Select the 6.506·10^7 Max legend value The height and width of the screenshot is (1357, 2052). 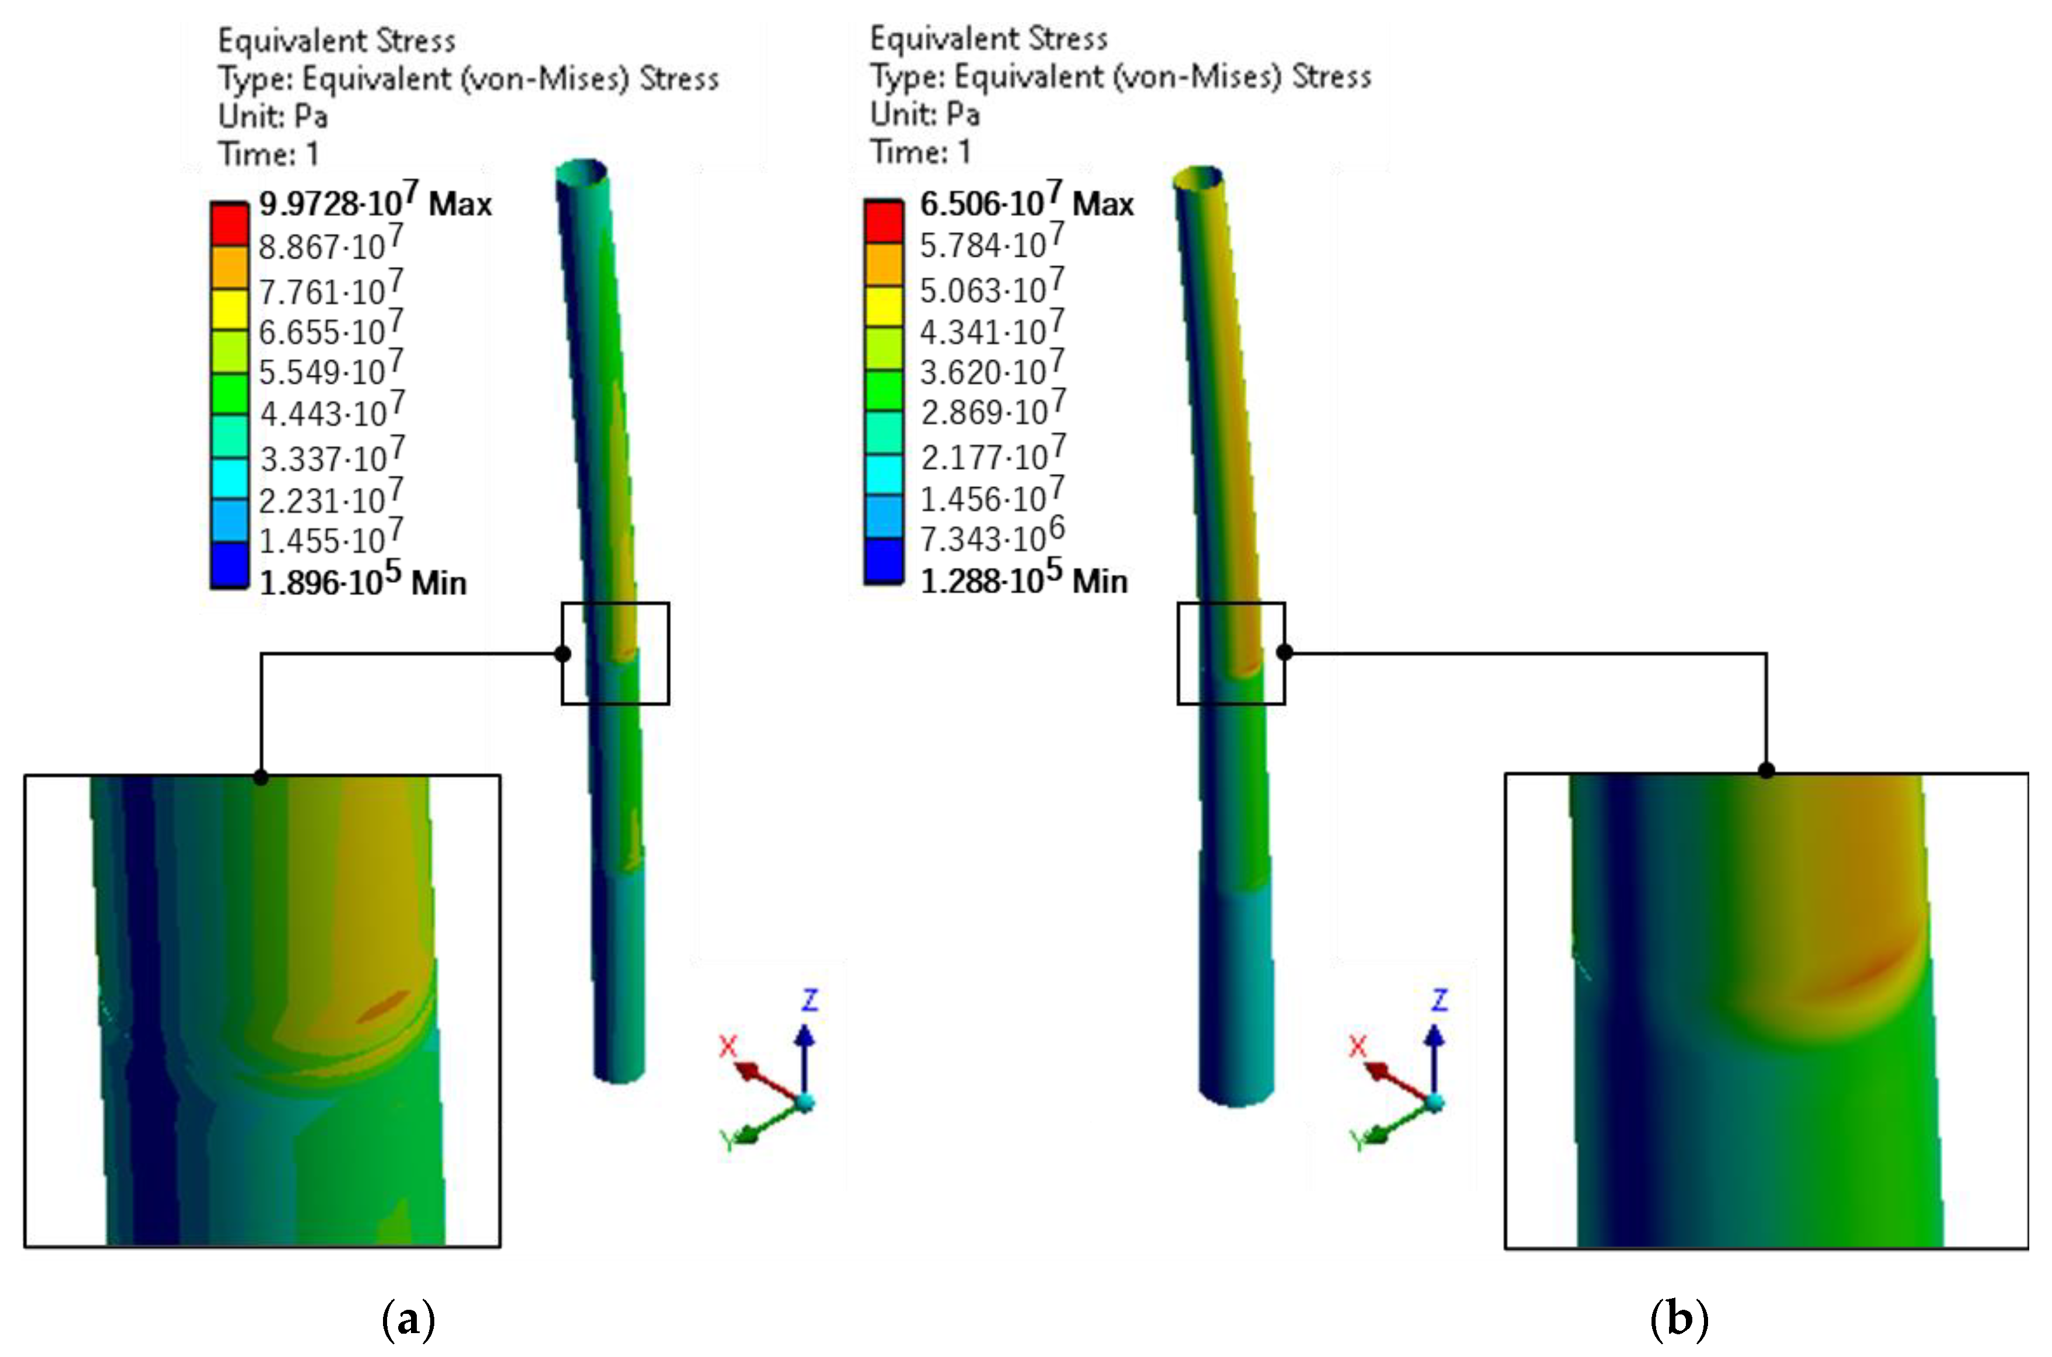1027,202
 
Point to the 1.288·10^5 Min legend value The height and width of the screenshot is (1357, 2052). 1024,578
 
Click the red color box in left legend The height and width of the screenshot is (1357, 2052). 229,225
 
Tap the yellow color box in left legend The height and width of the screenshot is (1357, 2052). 229,309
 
